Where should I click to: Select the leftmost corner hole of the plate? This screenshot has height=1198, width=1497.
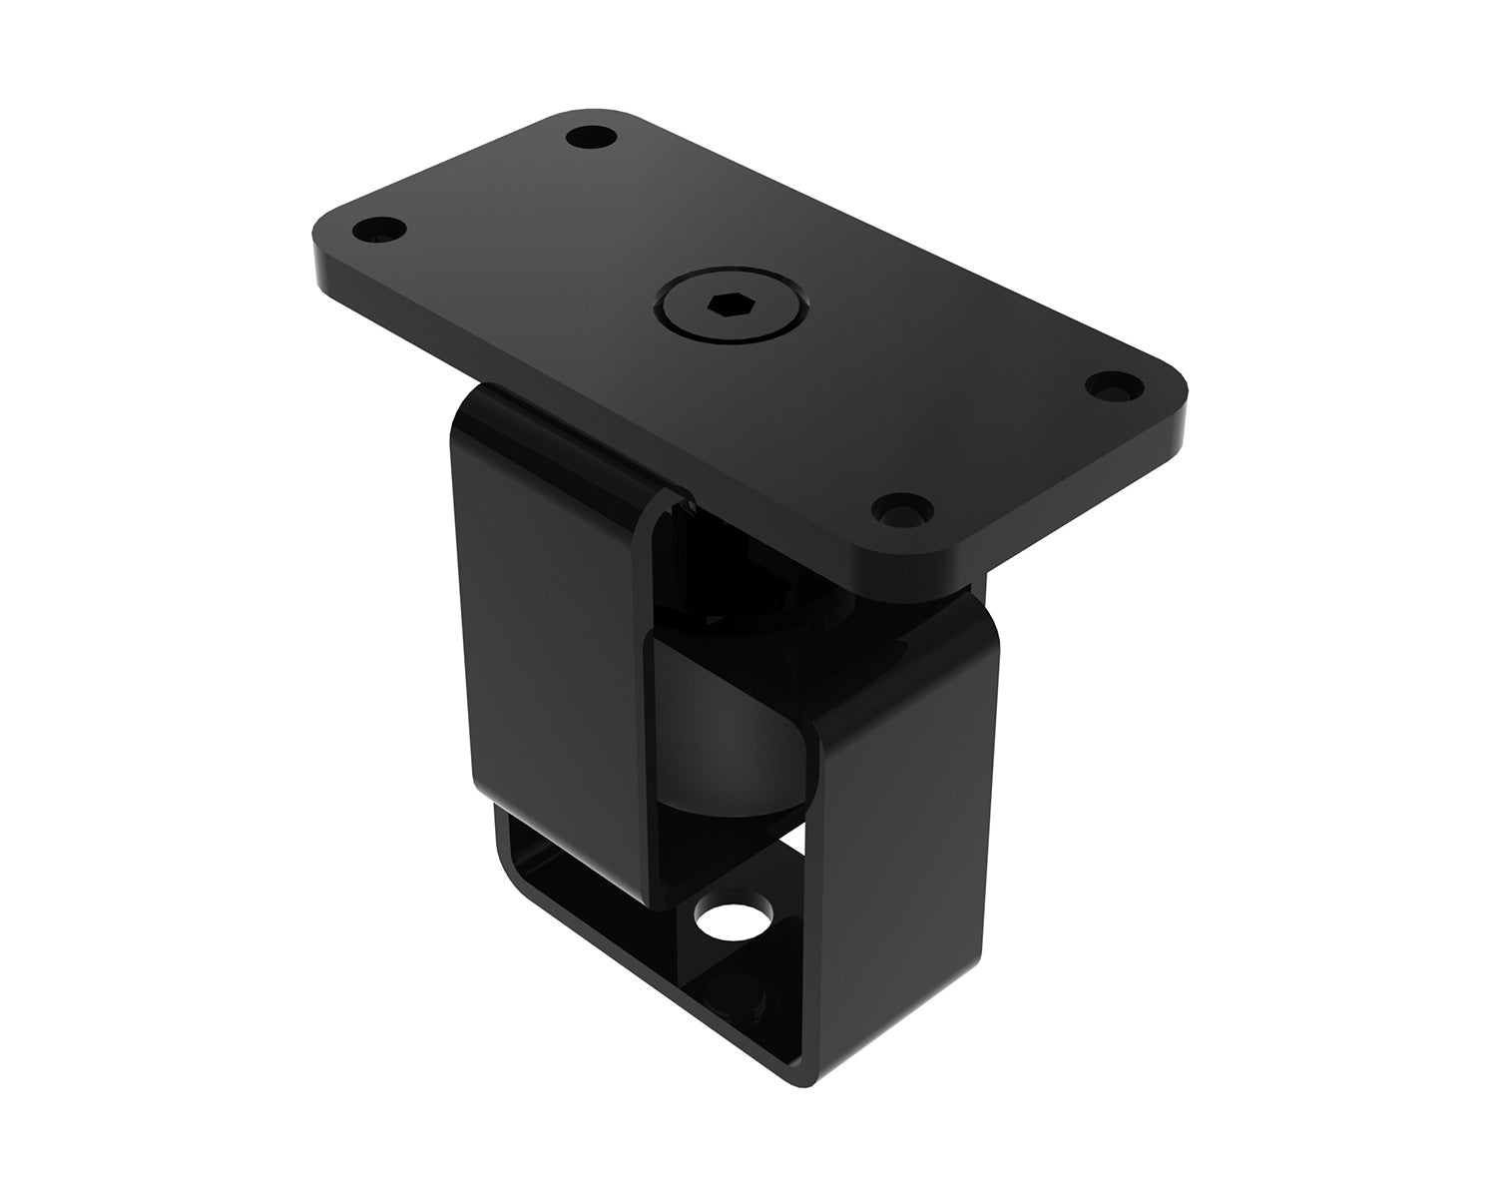point(380,231)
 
